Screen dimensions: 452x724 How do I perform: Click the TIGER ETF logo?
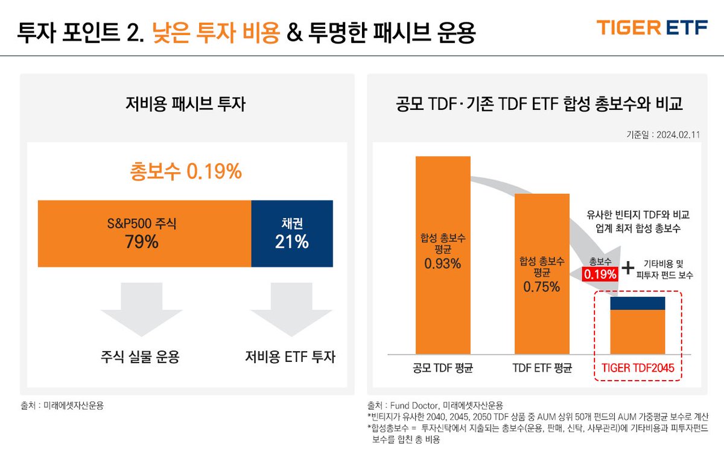[x=652, y=28]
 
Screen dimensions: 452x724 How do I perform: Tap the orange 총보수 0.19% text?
[x=186, y=172]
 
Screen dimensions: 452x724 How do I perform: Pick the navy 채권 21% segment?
[x=292, y=233]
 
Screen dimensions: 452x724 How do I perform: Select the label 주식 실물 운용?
[x=140, y=357]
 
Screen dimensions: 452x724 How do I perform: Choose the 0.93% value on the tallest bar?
[x=442, y=263]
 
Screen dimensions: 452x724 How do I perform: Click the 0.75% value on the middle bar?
[x=541, y=287]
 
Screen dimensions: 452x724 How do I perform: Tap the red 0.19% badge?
[x=600, y=274]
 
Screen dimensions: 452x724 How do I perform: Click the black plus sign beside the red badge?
[x=629, y=268]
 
